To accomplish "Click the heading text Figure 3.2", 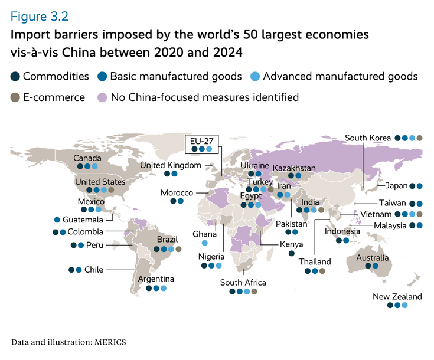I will tap(43, 13).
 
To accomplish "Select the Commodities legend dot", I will tap(15, 77).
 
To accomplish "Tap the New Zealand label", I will tap(397, 296).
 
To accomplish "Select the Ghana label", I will tap(204, 234).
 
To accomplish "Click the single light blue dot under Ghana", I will tap(204, 243).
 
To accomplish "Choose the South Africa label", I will tap(243, 283).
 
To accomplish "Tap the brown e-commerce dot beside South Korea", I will tap(420, 138).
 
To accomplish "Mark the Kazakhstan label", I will tap(294, 168).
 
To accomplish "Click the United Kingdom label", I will tap(171, 165).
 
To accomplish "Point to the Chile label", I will tap(94, 270).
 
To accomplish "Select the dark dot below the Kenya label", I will tap(292, 254).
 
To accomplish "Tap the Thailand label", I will tap(315, 261).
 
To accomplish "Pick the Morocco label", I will tap(177, 193).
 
